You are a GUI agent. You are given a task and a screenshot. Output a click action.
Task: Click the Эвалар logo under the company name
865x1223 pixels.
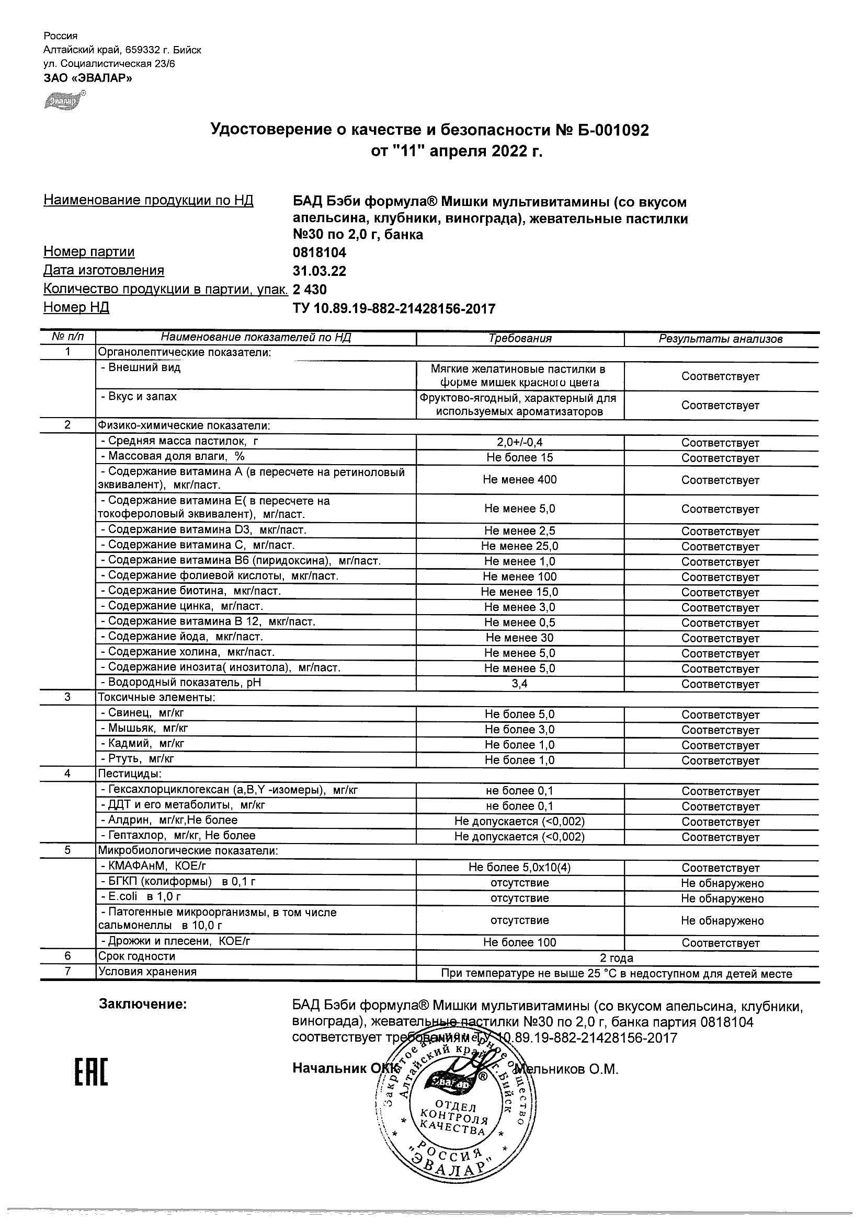point(63,100)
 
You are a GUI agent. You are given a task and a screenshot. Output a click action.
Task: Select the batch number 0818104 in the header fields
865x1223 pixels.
point(319,252)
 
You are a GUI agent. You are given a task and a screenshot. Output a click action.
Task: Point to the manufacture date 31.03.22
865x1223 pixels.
point(319,271)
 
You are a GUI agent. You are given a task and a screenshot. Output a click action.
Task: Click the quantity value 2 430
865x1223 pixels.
point(310,290)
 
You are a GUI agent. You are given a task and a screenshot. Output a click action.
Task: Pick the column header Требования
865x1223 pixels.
point(520,338)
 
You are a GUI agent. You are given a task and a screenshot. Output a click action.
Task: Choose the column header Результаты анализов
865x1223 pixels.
point(721,339)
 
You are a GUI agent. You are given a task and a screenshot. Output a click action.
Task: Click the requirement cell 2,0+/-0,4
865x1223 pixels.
point(520,442)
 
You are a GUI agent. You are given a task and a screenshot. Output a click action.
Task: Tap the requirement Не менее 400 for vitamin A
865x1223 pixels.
point(520,479)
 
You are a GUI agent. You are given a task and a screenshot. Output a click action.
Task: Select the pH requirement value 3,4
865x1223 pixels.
point(520,684)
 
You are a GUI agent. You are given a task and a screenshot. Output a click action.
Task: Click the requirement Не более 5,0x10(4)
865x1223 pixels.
point(520,867)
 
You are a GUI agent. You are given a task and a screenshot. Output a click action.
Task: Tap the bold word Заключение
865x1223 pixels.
point(143,1005)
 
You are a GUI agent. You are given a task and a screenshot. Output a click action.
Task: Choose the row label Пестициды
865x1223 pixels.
point(130,774)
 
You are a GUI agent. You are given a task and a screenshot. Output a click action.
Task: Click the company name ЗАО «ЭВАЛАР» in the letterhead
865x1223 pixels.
point(88,78)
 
